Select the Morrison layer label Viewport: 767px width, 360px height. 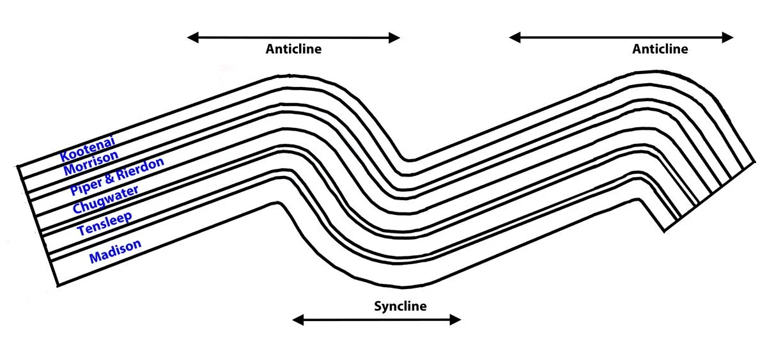91,163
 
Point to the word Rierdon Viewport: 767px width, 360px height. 141,168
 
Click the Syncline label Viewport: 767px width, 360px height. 400,306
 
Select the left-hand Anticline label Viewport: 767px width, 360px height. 294,49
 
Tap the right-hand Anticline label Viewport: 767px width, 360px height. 660,49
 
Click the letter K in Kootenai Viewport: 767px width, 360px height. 65,155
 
